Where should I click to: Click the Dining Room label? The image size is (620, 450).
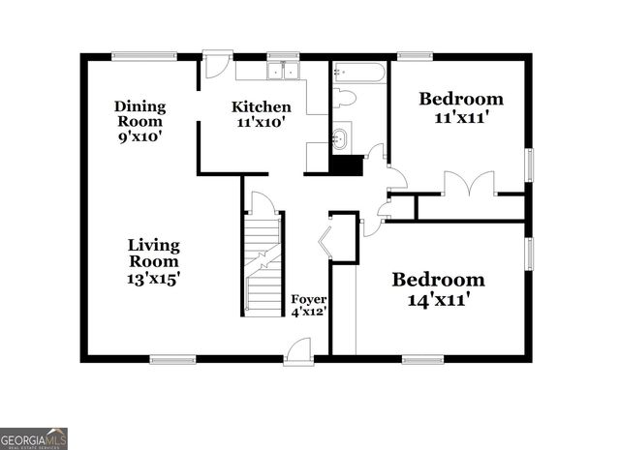[x=140, y=121]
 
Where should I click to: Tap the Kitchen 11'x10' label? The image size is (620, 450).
[x=261, y=114]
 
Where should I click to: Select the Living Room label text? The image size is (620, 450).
[x=154, y=261]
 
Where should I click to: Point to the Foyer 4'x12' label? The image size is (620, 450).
[x=310, y=305]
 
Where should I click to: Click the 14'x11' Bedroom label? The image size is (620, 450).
[x=438, y=289]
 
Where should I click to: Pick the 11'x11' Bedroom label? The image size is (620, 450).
[x=460, y=106]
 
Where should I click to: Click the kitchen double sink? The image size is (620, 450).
[x=284, y=71]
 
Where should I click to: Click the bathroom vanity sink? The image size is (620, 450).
[x=341, y=137]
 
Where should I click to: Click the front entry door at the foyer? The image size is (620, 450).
[x=298, y=351]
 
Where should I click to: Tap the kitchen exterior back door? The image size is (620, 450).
[x=215, y=66]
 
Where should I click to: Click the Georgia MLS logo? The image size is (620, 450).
[x=34, y=438]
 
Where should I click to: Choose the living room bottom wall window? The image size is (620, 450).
[x=173, y=360]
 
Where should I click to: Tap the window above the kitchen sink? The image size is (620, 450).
[x=282, y=55]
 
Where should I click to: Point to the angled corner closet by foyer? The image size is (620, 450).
[x=339, y=237]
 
